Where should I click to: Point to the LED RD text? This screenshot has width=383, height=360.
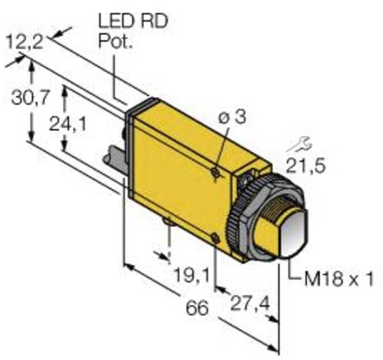click(x=133, y=21)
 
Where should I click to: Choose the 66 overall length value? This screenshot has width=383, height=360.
click(x=197, y=308)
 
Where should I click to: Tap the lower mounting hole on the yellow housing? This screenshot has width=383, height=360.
click(x=215, y=237)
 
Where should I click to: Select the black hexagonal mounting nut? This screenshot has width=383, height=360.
click(x=264, y=215)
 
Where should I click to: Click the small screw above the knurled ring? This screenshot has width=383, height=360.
click(x=246, y=179)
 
